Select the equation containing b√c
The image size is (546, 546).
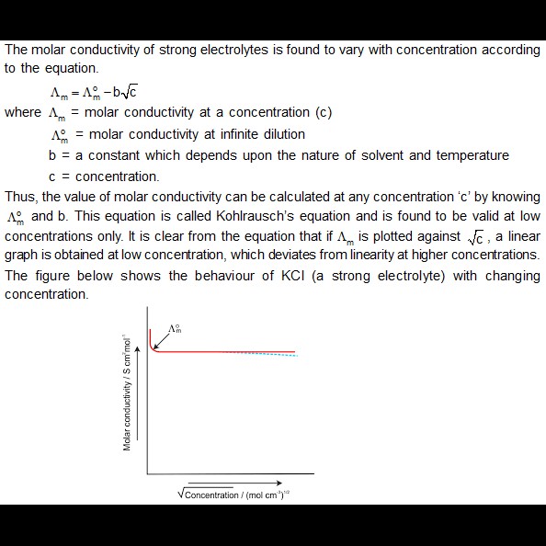[x=94, y=91]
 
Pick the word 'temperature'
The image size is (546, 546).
[x=461, y=154]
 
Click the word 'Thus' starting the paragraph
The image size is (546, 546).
[x=20, y=197]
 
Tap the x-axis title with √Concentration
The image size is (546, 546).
[x=234, y=495]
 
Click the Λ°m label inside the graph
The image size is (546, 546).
[x=175, y=329]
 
